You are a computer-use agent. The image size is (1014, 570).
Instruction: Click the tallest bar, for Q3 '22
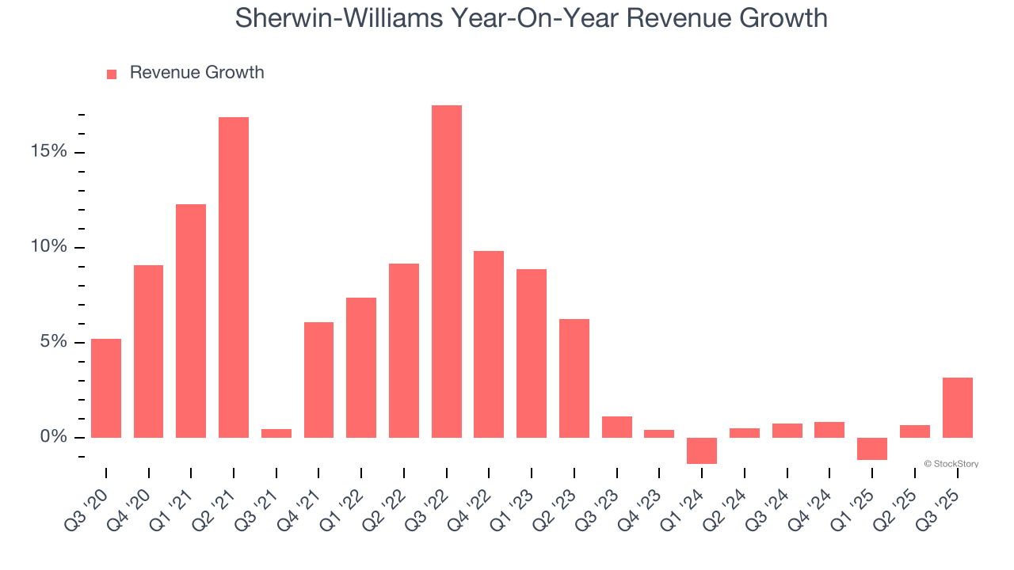pos(446,272)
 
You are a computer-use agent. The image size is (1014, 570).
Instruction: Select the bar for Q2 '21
pos(234,277)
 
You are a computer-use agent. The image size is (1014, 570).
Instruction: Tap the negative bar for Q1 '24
pos(702,450)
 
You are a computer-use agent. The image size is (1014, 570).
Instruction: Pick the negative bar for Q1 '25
pos(872,449)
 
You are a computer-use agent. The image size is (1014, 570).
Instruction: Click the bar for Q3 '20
pos(106,388)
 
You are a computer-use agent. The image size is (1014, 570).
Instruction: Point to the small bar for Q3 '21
pos(276,433)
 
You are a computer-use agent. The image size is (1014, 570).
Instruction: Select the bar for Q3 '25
pos(957,408)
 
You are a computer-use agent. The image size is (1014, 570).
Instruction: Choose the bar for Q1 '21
pos(191,321)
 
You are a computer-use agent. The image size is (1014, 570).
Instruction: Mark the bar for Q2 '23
pos(574,378)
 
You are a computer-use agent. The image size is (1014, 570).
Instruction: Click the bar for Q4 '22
pos(489,344)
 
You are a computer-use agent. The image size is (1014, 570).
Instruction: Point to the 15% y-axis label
pos(48,152)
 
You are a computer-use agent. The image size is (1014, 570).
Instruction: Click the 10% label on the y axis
pos(48,247)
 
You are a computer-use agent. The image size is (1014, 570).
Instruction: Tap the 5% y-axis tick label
pos(53,342)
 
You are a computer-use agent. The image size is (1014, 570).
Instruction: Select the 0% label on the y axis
pos(53,437)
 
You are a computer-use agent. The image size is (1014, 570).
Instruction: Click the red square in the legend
pos(112,74)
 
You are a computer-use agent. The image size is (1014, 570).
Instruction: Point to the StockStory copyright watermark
pos(951,464)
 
